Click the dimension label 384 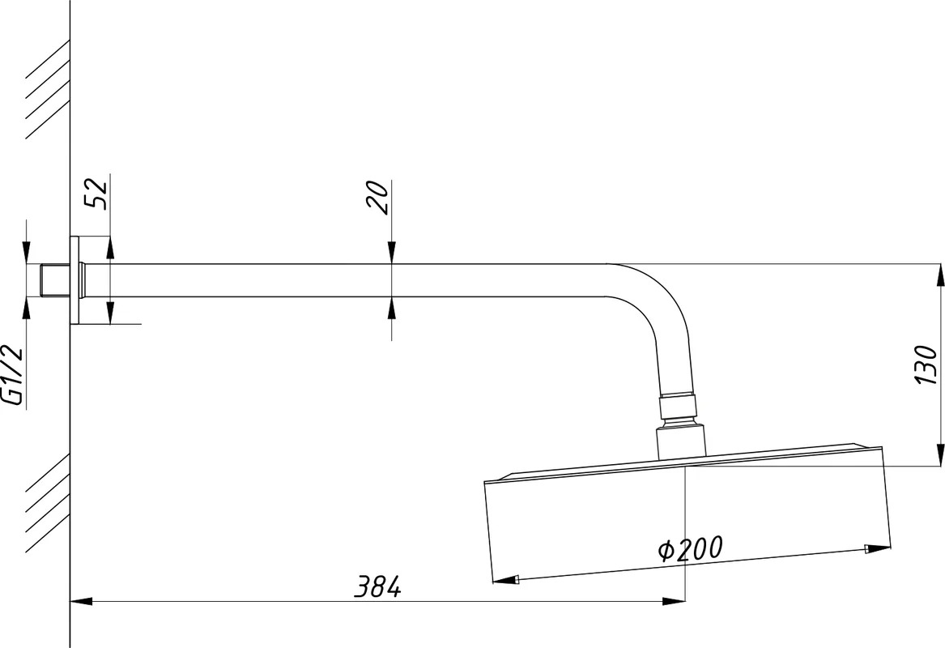click(x=377, y=586)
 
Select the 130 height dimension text click(x=925, y=364)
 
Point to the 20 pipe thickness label click(x=379, y=197)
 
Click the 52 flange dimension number click(x=96, y=193)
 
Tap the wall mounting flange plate click(x=74, y=280)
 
